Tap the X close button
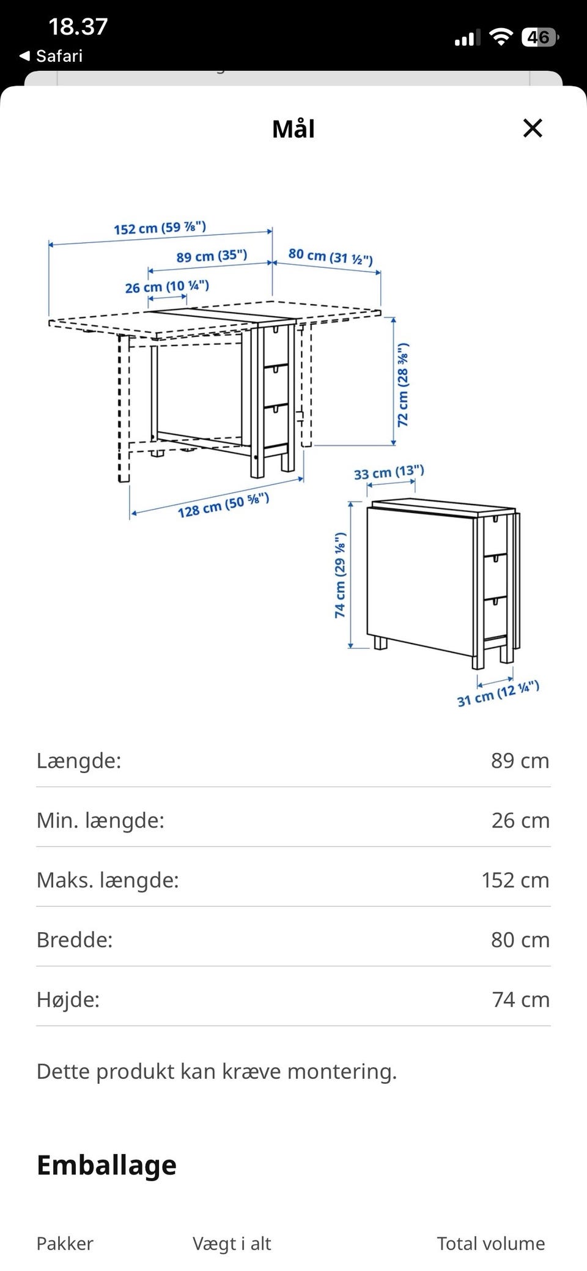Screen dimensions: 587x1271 [x=533, y=128]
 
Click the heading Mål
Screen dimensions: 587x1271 [x=293, y=128]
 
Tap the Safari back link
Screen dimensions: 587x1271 [x=51, y=56]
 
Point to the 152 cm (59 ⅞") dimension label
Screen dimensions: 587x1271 [x=160, y=228]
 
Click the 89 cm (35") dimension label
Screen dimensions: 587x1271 [x=212, y=256]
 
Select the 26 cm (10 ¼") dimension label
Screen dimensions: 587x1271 [x=167, y=286]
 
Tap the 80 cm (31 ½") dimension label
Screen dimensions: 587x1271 [x=330, y=256]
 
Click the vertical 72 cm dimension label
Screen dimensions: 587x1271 [x=403, y=385]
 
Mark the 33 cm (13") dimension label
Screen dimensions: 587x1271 [x=389, y=472]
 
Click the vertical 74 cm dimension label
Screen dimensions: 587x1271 [x=340, y=575]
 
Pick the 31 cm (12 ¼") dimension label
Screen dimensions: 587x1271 [x=498, y=693]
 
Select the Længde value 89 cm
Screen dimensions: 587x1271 [x=520, y=760]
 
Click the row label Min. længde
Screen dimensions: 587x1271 [x=100, y=820]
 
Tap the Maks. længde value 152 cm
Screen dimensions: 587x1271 [x=515, y=880]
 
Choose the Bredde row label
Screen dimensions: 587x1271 [x=75, y=939]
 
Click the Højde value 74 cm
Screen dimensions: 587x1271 [x=520, y=999]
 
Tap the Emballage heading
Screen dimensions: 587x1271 [x=106, y=1165]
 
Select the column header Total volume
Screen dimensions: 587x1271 [x=490, y=1243]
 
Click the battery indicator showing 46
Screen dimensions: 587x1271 [x=539, y=37]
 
